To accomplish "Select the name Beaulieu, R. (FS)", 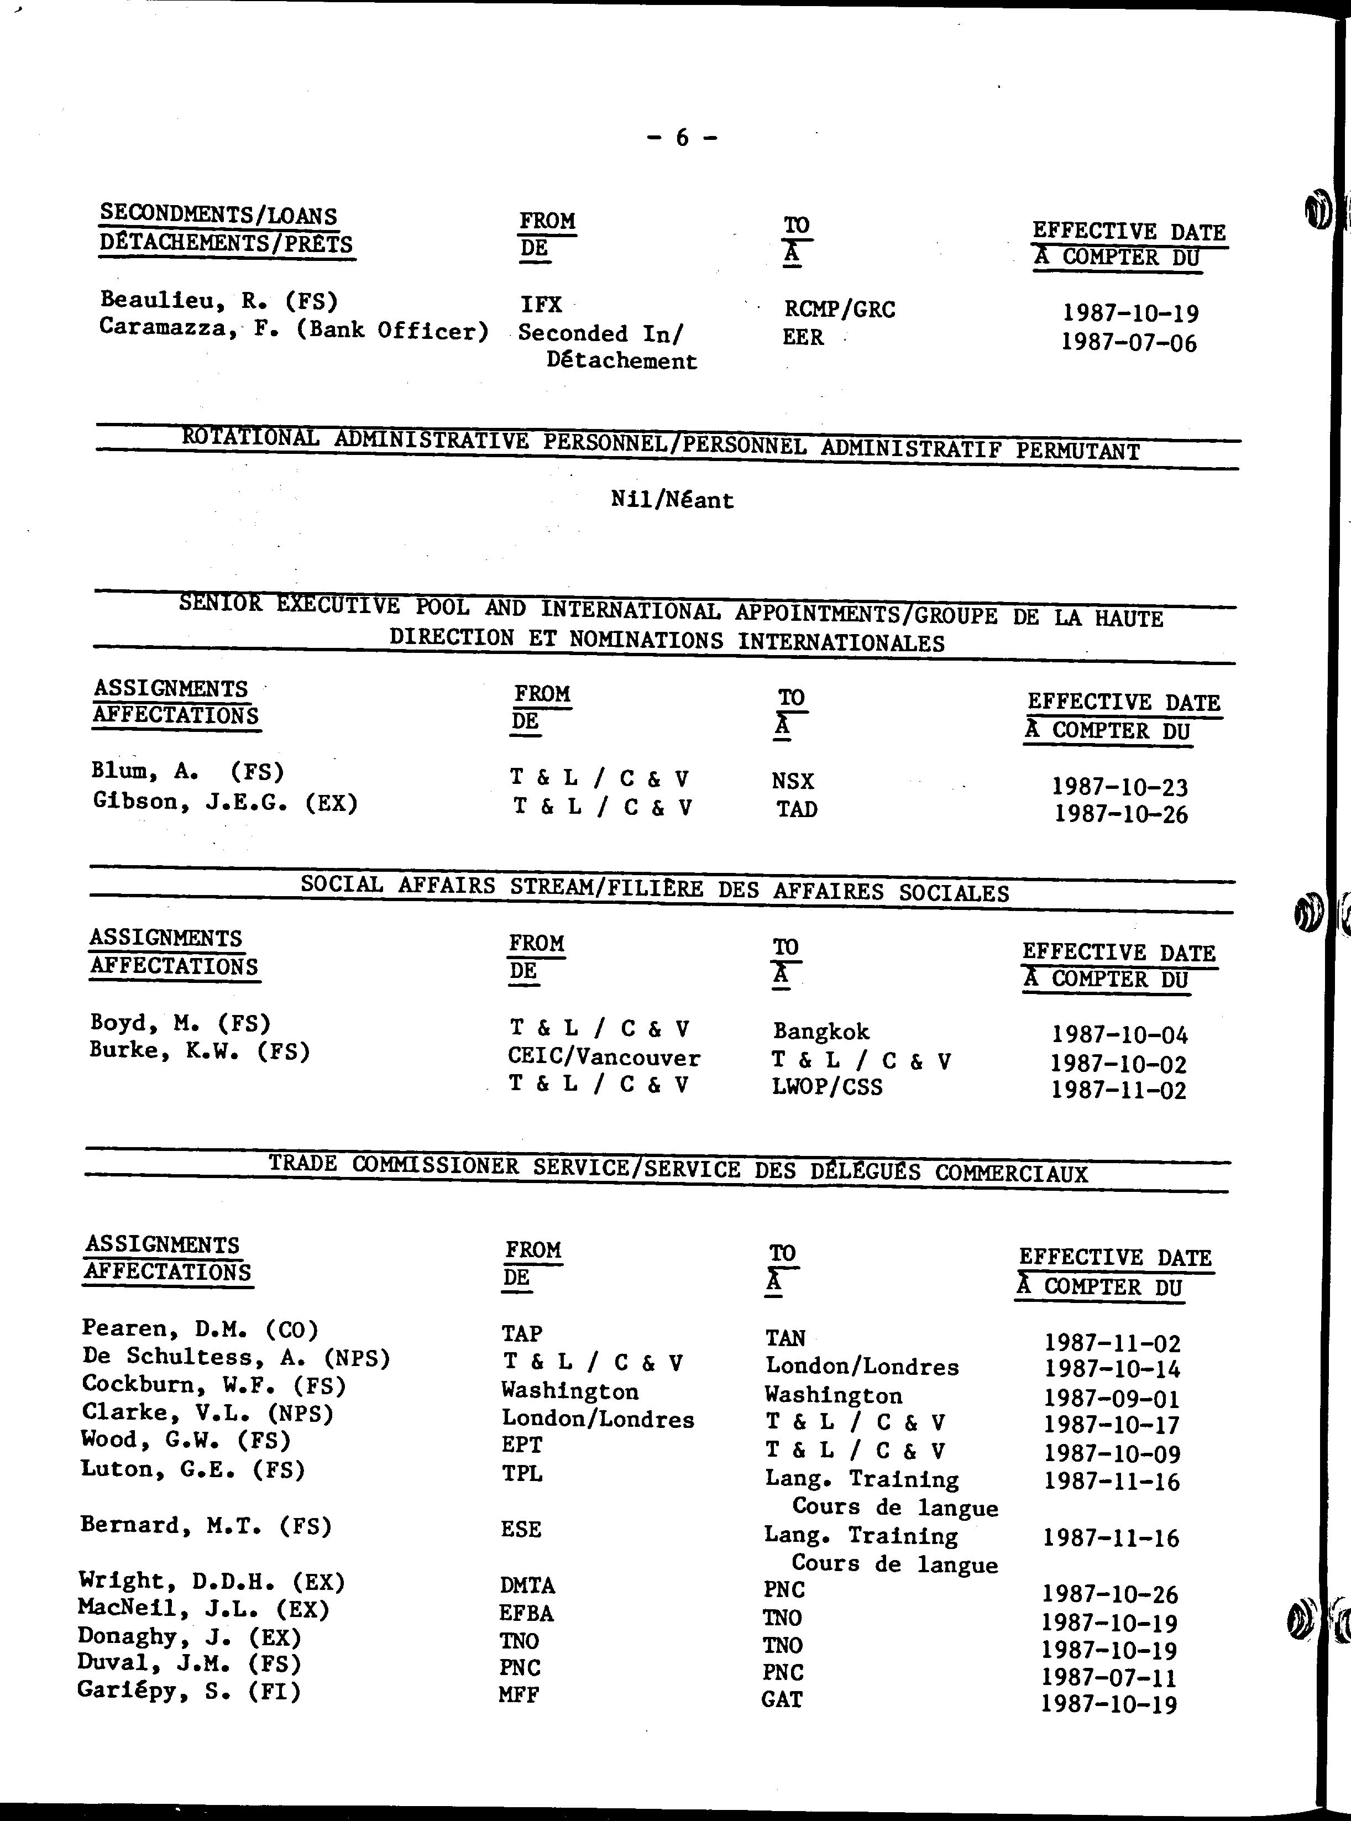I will point(218,300).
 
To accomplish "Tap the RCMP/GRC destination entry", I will point(839,309).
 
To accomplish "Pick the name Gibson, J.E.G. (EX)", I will point(225,802).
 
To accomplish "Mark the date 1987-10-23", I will point(1119,787).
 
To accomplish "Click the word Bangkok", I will point(821,1031).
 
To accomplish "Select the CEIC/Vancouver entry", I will point(604,1058).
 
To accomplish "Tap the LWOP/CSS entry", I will point(827,1087).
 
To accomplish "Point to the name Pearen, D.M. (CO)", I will point(200,1329).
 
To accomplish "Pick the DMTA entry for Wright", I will point(527,1585).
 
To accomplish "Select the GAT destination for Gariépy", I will point(782,1699).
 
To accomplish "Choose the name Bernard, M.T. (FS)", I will point(205,1526).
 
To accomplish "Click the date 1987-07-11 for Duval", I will point(1109,1677).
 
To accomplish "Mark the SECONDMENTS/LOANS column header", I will point(218,215).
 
